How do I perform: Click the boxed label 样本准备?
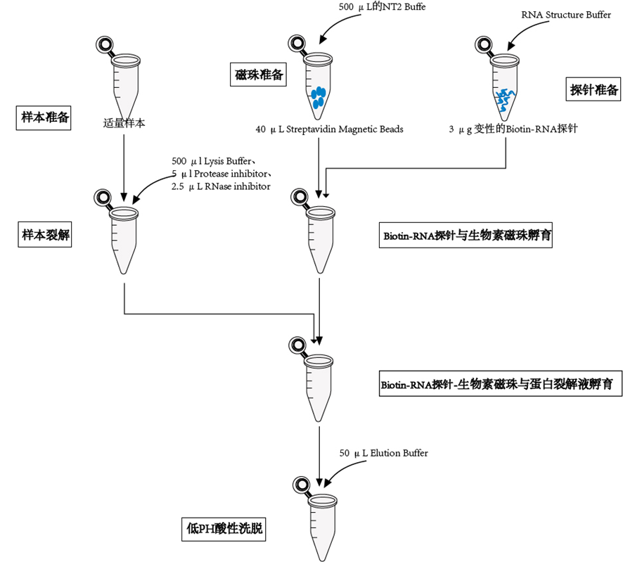click(x=46, y=117)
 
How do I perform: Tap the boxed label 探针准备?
click(x=594, y=89)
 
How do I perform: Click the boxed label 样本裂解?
click(x=46, y=235)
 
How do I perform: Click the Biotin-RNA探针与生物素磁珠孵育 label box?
click(x=466, y=236)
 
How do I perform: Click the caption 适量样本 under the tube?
click(x=124, y=123)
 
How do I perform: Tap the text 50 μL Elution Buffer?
click(x=383, y=453)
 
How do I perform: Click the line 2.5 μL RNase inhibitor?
click(x=220, y=186)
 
